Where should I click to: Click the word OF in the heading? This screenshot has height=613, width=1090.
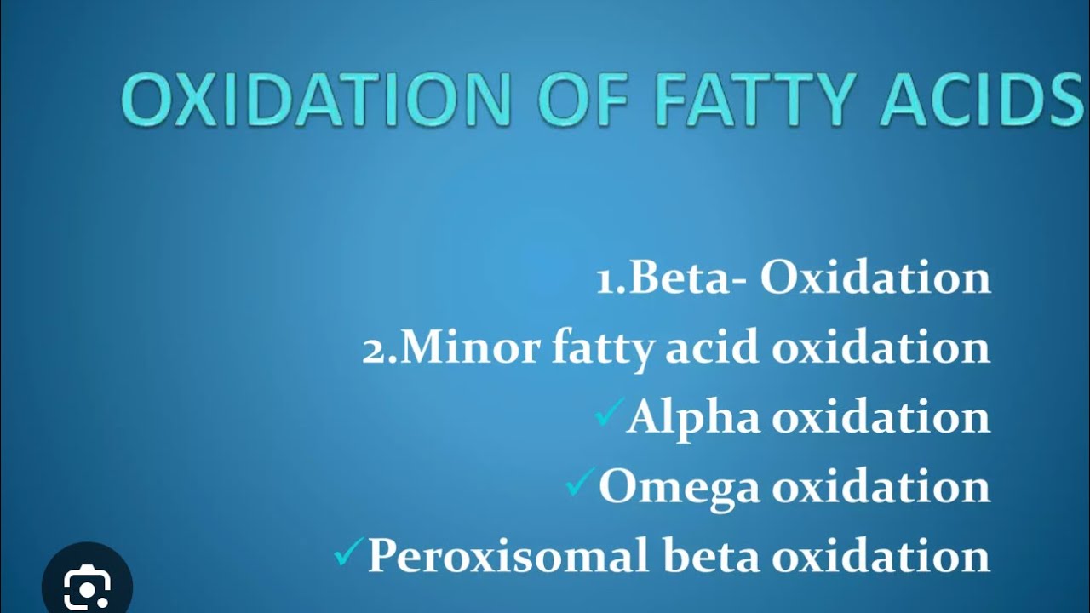(582, 100)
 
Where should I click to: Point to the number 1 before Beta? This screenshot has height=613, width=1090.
(605, 280)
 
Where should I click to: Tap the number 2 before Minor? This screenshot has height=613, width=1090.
(374, 349)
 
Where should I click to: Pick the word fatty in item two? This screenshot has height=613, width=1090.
(601, 349)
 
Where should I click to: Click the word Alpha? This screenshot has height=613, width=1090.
(693, 418)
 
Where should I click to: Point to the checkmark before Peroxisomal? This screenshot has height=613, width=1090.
(349, 553)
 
